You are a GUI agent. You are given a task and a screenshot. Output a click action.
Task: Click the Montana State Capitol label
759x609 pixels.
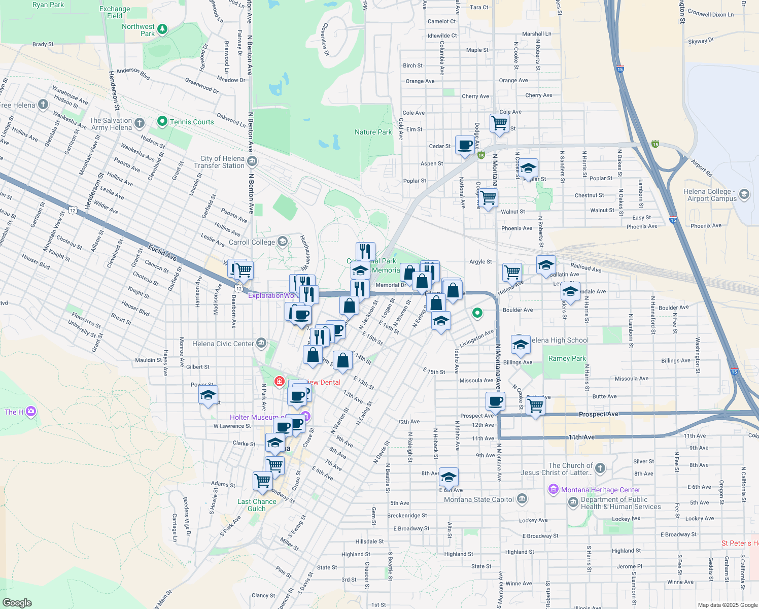click(479, 499)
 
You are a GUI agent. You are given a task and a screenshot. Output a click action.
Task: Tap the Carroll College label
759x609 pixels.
click(252, 242)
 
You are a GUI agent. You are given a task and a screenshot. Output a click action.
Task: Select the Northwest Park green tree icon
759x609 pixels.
click(162, 29)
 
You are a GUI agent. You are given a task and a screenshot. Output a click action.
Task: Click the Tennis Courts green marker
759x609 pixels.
click(162, 121)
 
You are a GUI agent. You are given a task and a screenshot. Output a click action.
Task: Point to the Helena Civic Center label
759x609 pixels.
click(223, 344)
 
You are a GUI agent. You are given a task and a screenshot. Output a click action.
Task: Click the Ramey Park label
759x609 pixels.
click(567, 358)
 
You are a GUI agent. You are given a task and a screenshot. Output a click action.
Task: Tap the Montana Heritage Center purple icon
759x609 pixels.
click(554, 490)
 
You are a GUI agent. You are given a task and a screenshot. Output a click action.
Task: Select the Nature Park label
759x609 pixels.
click(373, 132)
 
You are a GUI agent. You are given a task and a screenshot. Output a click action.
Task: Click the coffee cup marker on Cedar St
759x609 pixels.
click(465, 145)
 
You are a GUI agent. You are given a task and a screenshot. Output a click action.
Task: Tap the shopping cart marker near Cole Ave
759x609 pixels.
click(500, 123)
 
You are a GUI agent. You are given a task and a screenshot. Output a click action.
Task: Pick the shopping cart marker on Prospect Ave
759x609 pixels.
click(536, 406)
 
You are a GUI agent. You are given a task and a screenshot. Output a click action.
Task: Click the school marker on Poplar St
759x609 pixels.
click(528, 168)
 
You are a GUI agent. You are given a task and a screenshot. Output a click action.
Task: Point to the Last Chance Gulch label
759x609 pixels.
click(257, 505)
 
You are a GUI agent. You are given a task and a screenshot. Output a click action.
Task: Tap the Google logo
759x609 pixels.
click(17, 603)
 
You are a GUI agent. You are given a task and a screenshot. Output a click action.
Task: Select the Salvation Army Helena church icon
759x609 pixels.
click(140, 123)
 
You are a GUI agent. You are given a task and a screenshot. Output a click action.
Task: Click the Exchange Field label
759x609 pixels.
click(115, 12)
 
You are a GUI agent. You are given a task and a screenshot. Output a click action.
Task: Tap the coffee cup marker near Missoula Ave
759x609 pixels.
click(495, 401)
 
